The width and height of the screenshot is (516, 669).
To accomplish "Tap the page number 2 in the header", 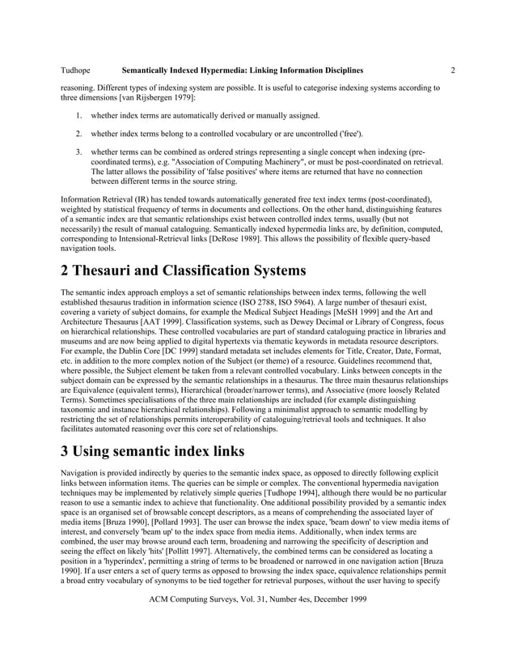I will [x=453, y=70].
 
